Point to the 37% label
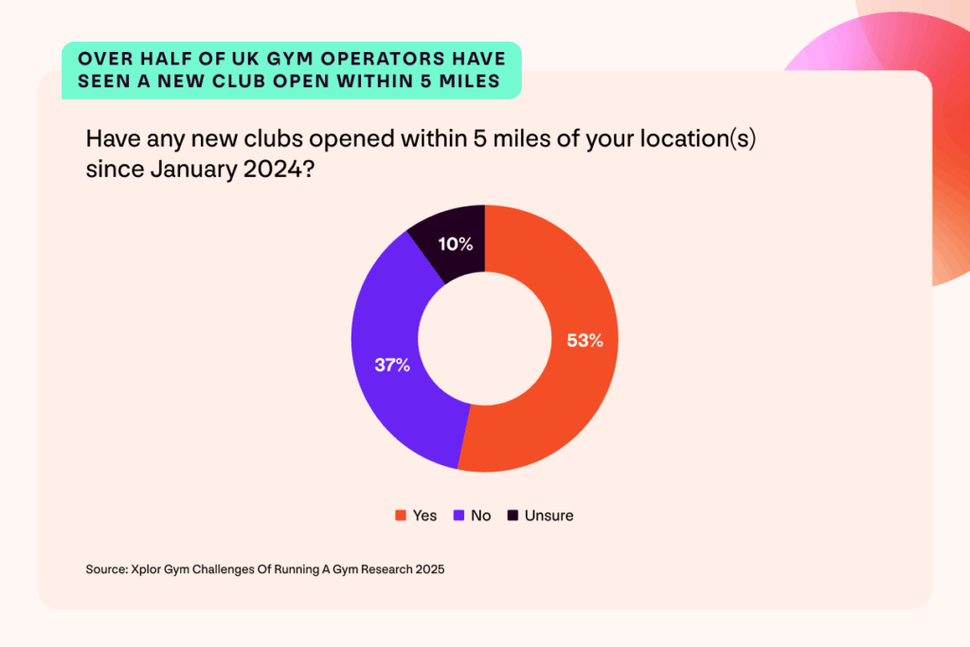[x=392, y=365]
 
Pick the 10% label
[x=455, y=244]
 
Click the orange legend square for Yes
[x=401, y=515]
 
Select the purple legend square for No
[x=458, y=515]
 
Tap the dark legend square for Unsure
[x=512, y=515]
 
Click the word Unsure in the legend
[x=548, y=515]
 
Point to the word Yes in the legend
[x=424, y=515]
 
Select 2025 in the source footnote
[x=427, y=570]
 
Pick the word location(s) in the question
[x=695, y=139]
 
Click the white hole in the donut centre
[x=485, y=338]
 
